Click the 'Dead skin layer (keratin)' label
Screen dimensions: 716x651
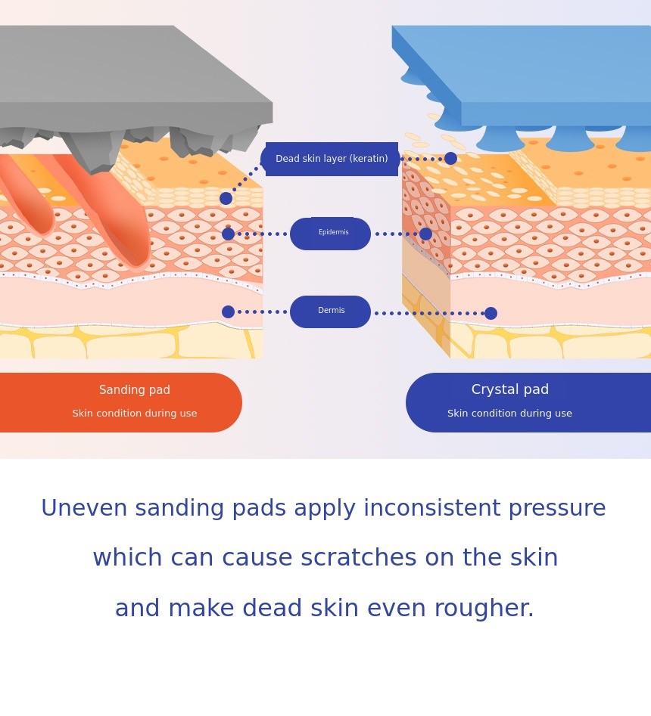pyautogui.click(x=332, y=159)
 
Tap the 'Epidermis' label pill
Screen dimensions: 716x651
pyautogui.click(x=331, y=234)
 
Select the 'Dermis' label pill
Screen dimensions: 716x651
pyautogui.click(x=331, y=312)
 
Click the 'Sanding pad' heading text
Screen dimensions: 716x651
pyautogui.click(x=135, y=390)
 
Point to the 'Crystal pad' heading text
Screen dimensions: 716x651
pyautogui.click(x=510, y=390)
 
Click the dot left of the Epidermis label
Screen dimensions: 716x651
pyautogui.click(x=228, y=234)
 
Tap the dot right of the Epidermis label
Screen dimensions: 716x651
pyautogui.click(x=425, y=234)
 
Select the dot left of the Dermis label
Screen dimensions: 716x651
pyautogui.click(x=228, y=312)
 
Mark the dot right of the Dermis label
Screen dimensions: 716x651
pyautogui.click(x=491, y=313)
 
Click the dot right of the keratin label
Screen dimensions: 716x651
pyautogui.click(x=450, y=158)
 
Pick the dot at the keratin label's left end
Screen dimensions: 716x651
pyautogui.click(x=226, y=198)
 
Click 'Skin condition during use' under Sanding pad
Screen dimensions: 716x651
pyautogui.click(x=135, y=414)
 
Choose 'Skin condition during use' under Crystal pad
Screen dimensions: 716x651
pyautogui.click(x=509, y=414)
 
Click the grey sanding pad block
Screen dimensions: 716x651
pyautogui.click(x=114, y=76)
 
